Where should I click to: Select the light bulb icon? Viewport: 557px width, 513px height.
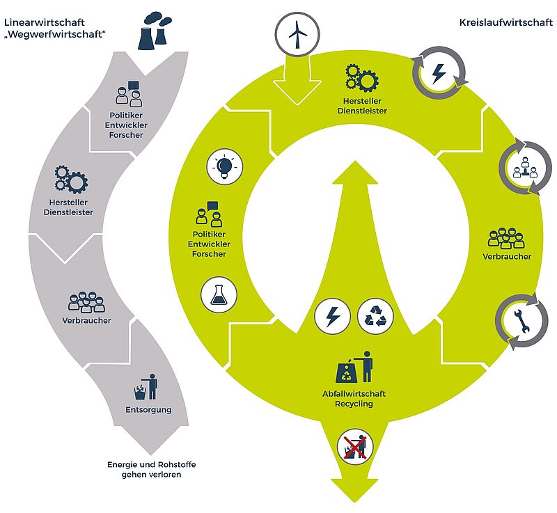224,167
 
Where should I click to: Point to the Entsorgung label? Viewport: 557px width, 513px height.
148,410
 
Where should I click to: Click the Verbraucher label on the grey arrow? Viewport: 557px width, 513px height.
87,320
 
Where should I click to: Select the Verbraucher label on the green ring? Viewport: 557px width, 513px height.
507,257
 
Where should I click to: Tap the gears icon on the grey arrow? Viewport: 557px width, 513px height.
71,179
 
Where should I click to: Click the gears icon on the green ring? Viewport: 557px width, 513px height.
360,77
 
